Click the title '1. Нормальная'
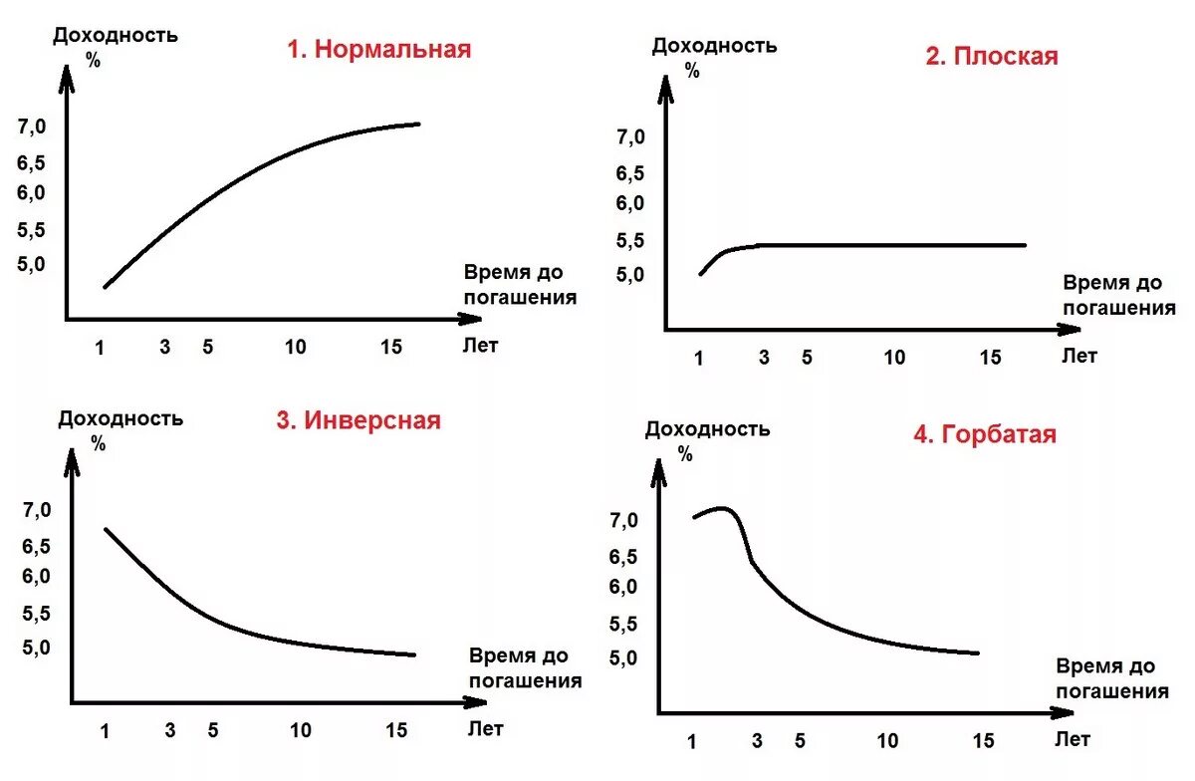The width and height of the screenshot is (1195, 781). (x=378, y=49)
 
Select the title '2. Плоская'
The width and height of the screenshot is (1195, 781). (x=991, y=56)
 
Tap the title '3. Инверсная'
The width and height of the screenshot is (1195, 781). (x=358, y=420)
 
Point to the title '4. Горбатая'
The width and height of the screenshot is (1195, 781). (x=984, y=434)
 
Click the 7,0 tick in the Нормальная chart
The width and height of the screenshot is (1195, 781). (x=32, y=127)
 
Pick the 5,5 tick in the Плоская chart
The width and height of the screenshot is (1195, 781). (x=630, y=240)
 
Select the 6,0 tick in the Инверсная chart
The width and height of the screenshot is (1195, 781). (x=37, y=576)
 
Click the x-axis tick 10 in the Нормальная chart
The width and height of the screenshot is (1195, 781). (x=295, y=347)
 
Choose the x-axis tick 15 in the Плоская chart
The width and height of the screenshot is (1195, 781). (x=990, y=357)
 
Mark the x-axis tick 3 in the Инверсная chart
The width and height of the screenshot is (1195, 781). (x=170, y=730)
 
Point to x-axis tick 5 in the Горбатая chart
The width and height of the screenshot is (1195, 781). (x=801, y=741)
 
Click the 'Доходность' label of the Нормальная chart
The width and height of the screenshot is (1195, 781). (x=116, y=36)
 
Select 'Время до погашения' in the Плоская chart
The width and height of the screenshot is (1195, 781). (x=1117, y=295)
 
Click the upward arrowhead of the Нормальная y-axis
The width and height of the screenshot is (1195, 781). (x=67, y=77)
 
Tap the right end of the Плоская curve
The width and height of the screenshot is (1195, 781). (x=1024, y=244)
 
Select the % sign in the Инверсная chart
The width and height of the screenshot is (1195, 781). (x=99, y=443)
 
